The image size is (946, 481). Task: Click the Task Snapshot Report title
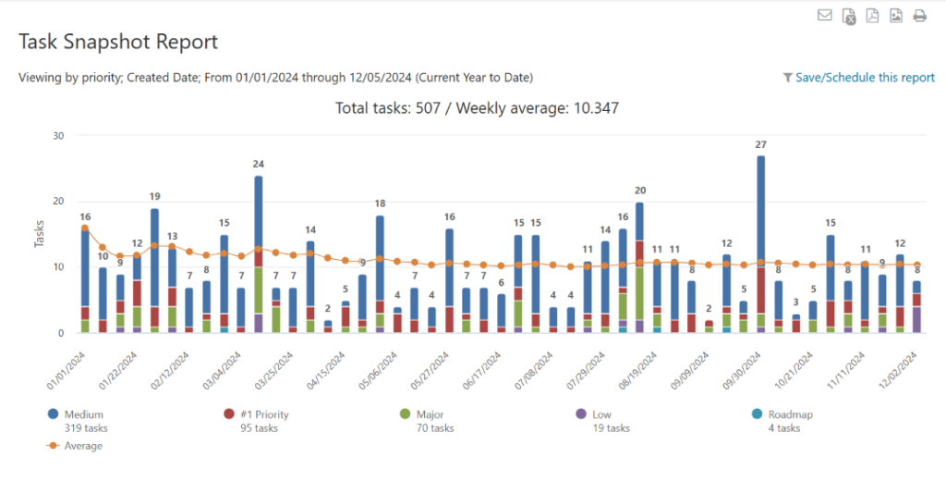click(118, 42)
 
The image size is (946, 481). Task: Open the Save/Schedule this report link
click(865, 78)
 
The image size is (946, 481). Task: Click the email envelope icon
click(824, 15)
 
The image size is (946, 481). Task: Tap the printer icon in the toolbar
click(919, 15)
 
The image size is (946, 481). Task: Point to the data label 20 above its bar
click(639, 190)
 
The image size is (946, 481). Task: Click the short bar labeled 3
click(795, 319)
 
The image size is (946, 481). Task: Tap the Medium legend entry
click(83, 414)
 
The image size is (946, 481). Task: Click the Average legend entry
click(83, 446)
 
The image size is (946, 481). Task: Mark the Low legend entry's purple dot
click(580, 414)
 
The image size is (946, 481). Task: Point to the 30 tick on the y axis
click(58, 135)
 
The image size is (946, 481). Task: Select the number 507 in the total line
click(426, 108)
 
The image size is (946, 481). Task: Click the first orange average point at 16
click(85, 228)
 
